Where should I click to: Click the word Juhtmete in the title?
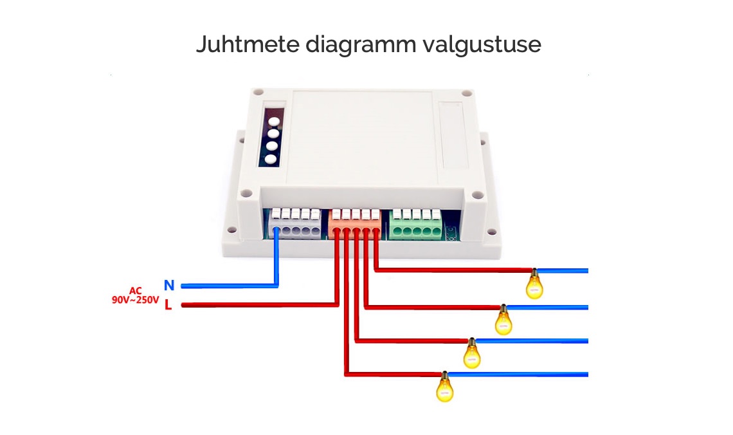coord(248,44)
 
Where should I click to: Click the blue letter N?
coord(168,285)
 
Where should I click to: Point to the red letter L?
coord(168,305)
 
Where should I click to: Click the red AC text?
coord(136,290)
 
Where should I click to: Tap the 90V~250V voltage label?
coord(135,300)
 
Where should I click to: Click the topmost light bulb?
coord(534,284)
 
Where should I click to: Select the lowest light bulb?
coord(444,387)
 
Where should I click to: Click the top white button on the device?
coord(274,122)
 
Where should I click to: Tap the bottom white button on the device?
coord(270,159)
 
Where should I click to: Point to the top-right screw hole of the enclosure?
coord(467,93)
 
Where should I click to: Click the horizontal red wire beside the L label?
coord(260,305)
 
